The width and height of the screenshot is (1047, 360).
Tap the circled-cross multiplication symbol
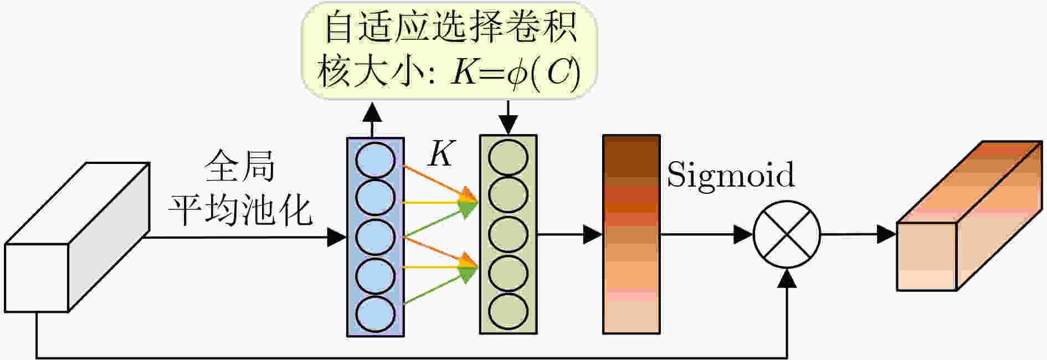click(x=787, y=234)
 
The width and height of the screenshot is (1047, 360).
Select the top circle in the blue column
click(x=375, y=160)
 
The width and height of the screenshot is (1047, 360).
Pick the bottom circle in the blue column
click(x=375, y=313)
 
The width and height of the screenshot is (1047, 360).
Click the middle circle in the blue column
click(x=375, y=237)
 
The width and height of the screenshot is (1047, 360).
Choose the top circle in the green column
click(x=508, y=157)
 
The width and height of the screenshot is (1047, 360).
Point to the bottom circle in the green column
click(x=508, y=311)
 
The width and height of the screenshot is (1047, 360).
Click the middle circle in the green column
click(x=508, y=234)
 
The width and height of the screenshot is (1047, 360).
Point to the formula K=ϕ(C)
click(x=516, y=73)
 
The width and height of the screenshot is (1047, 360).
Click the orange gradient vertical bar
click(x=632, y=234)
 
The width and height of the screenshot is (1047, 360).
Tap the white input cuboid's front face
click(x=37, y=277)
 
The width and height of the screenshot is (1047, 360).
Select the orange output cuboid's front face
click(x=927, y=256)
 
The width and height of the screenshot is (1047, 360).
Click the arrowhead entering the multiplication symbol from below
click(x=787, y=278)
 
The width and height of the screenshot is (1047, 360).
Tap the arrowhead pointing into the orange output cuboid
click(x=887, y=234)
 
